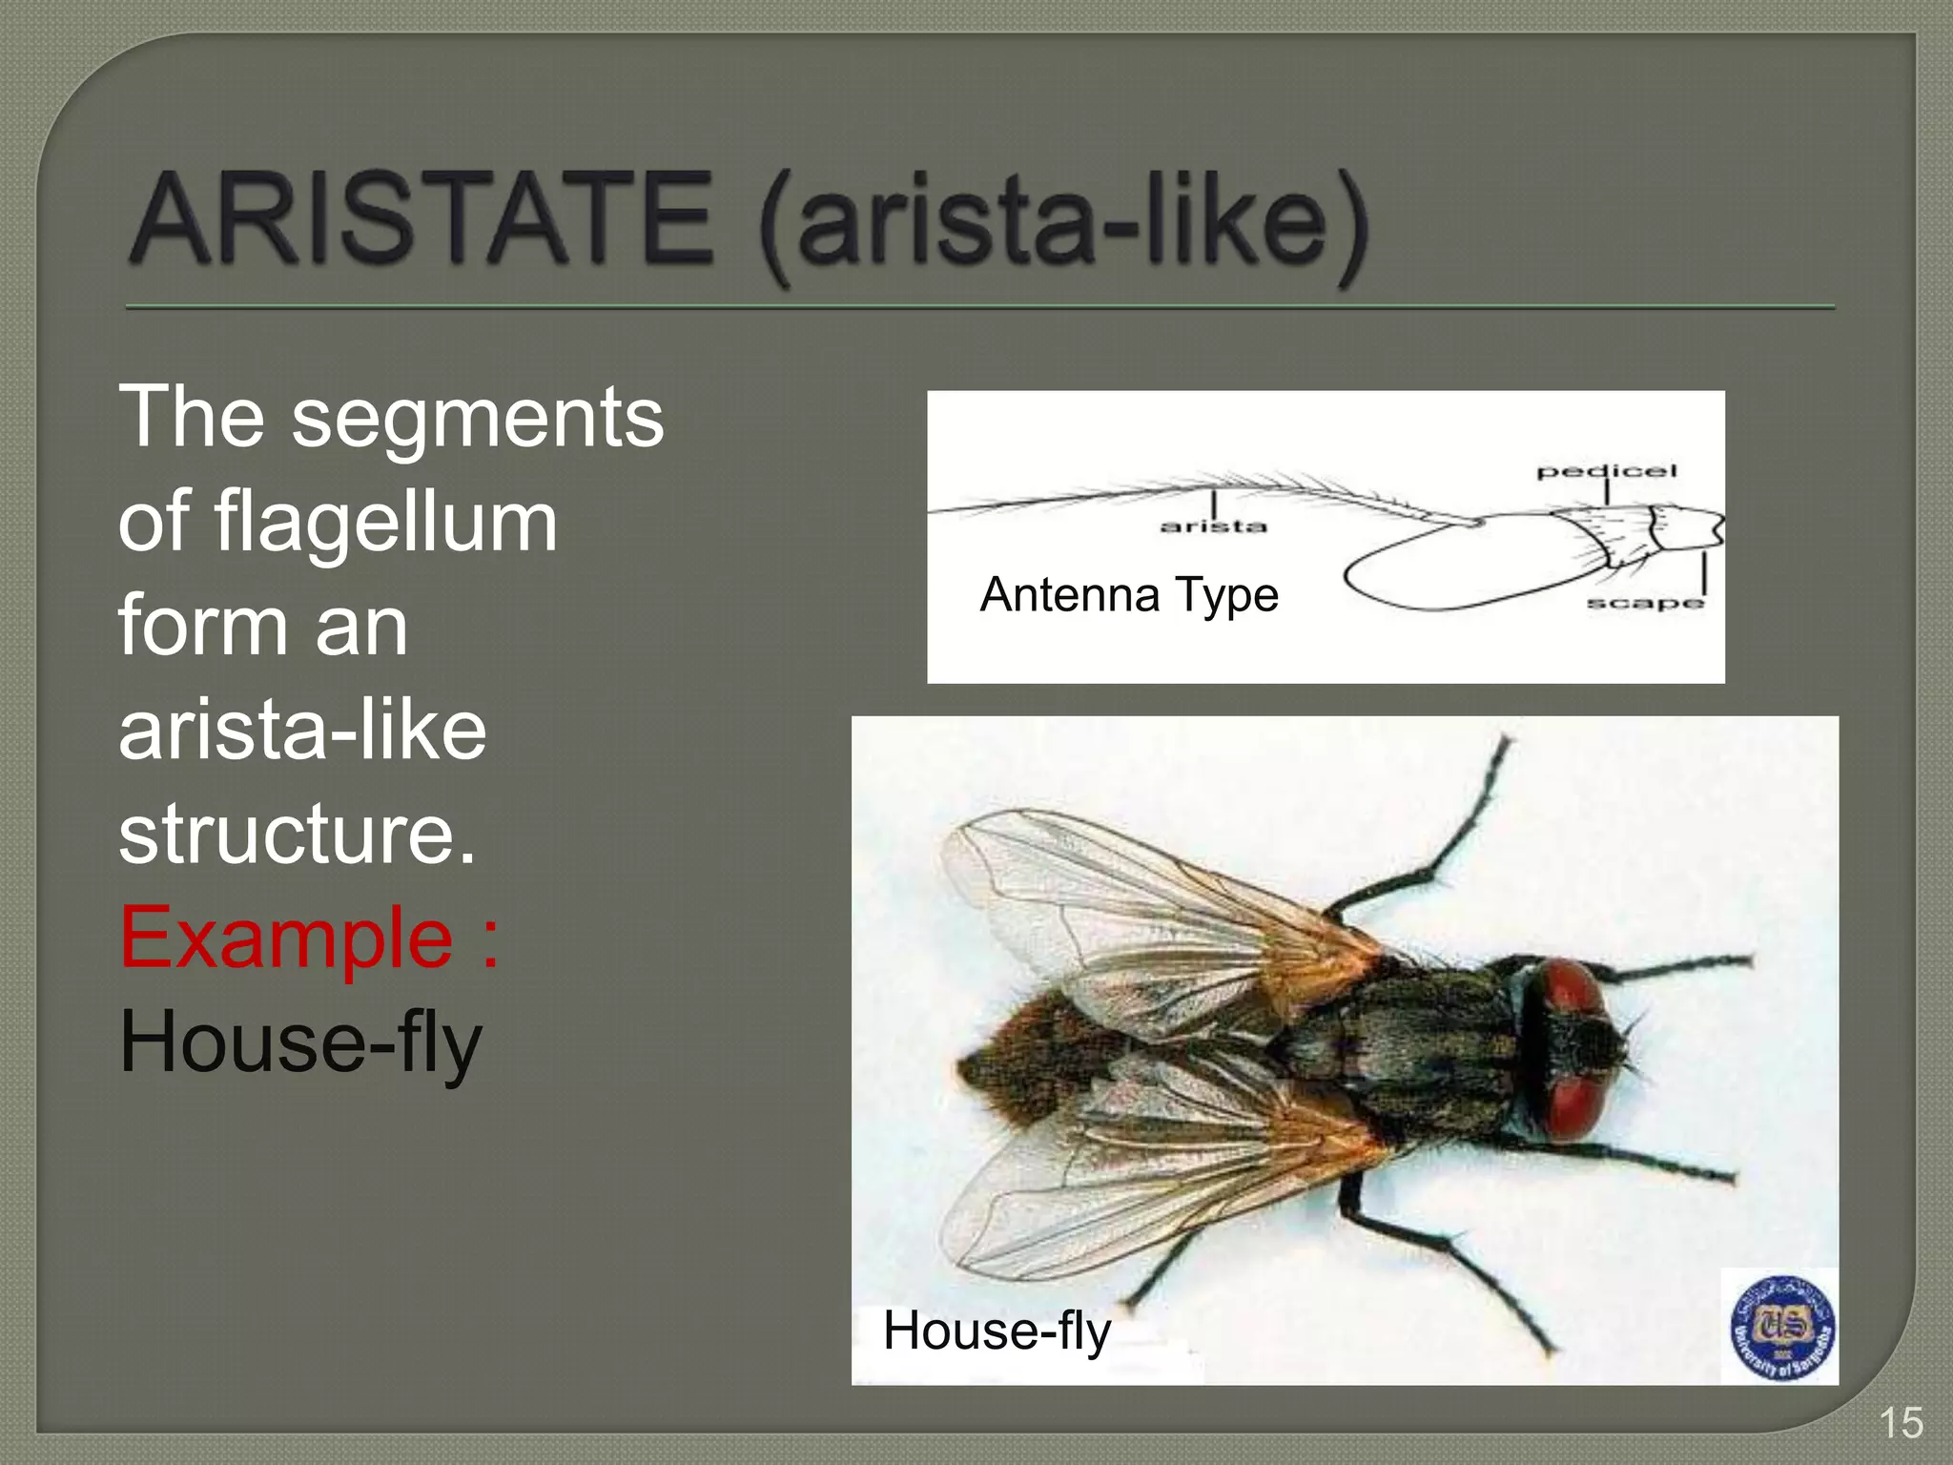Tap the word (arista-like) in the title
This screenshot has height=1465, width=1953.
click(x=1063, y=224)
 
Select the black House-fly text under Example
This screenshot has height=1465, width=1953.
click(x=300, y=1042)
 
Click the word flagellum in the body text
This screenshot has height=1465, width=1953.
click(x=385, y=522)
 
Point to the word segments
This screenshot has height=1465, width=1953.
click(x=477, y=418)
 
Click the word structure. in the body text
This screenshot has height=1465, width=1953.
click(x=297, y=834)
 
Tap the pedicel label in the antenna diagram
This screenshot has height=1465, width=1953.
click(x=1606, y=470)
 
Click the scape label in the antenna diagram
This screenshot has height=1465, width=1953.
click(x=1644, y=603)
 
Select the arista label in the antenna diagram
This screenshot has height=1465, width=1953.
click(x=1213, y=526)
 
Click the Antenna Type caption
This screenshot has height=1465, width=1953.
click(x=1128, y=595)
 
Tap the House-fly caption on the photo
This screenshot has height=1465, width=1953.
click(x=997, y=1330)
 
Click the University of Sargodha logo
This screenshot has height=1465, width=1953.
click(x=1781, y=1327)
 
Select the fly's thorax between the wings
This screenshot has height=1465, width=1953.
click(x=1411, y=1044)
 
